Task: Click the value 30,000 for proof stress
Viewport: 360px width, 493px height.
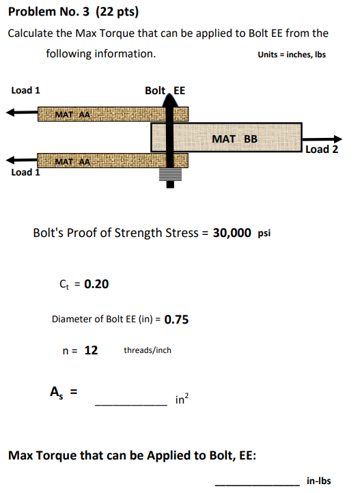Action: coord(232,232)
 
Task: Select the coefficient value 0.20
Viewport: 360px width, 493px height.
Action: coord(96,284)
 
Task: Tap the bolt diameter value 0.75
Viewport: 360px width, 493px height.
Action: coord(177,319)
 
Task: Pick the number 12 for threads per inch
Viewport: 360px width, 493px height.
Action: coord(91,350)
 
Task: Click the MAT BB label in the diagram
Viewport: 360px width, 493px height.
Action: coord(235,139)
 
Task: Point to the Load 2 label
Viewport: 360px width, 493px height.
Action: coord(322,150)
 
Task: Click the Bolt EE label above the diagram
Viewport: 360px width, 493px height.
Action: coord(165,90)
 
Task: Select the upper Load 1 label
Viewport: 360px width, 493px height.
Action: coord(26,90)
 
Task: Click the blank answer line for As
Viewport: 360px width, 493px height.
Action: coord(130,404)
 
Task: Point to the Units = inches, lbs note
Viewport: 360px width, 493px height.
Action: coord(292,55)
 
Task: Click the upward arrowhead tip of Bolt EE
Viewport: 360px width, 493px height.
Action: coord(170,98)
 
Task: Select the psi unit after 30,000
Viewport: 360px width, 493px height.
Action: coord(264,233)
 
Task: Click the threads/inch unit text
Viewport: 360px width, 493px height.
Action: coord(148,350)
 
